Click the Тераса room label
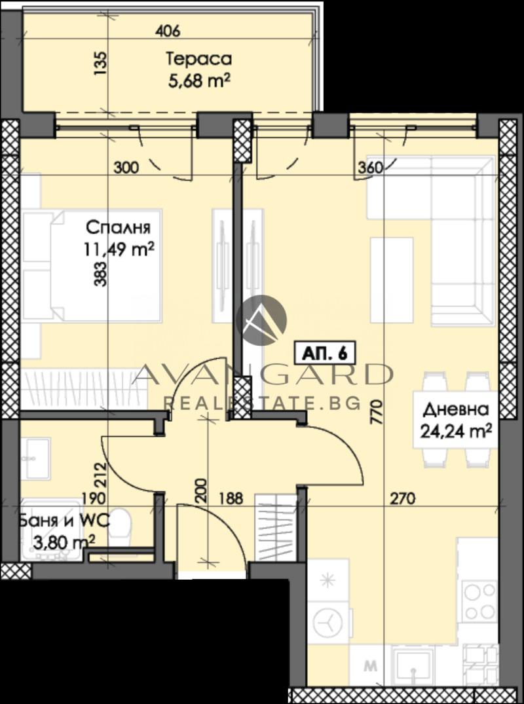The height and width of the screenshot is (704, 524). [198, 59]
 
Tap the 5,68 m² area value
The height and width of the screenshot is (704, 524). [198, 81]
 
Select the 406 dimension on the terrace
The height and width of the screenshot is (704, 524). [168, 30]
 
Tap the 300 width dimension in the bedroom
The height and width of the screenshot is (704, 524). [126, 168]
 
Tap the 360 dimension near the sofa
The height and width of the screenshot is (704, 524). [370, 168]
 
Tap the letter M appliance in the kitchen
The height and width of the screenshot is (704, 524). [371, 667]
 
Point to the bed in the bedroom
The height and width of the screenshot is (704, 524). [92, 265]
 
